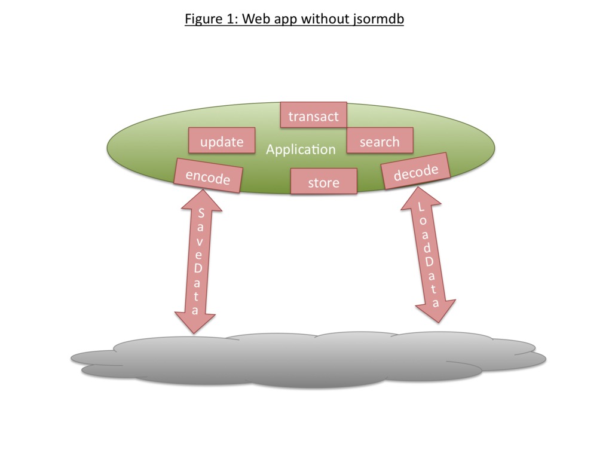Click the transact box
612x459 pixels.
click(313, 115)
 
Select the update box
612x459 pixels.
click(222, 141)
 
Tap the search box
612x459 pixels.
click(380, 141)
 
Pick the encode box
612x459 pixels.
click(207, 176)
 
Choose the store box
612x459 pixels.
click(323, 182)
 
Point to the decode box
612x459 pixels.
click(416, 172)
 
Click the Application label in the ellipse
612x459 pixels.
click(301, 149)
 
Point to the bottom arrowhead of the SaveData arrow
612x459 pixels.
click(195, 323)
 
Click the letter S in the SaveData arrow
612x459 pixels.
click(201, 213)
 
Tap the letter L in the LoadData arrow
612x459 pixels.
click(421, 208)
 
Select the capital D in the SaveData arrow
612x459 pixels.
click(198, 268)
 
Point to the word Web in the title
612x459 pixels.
click(260, 19)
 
